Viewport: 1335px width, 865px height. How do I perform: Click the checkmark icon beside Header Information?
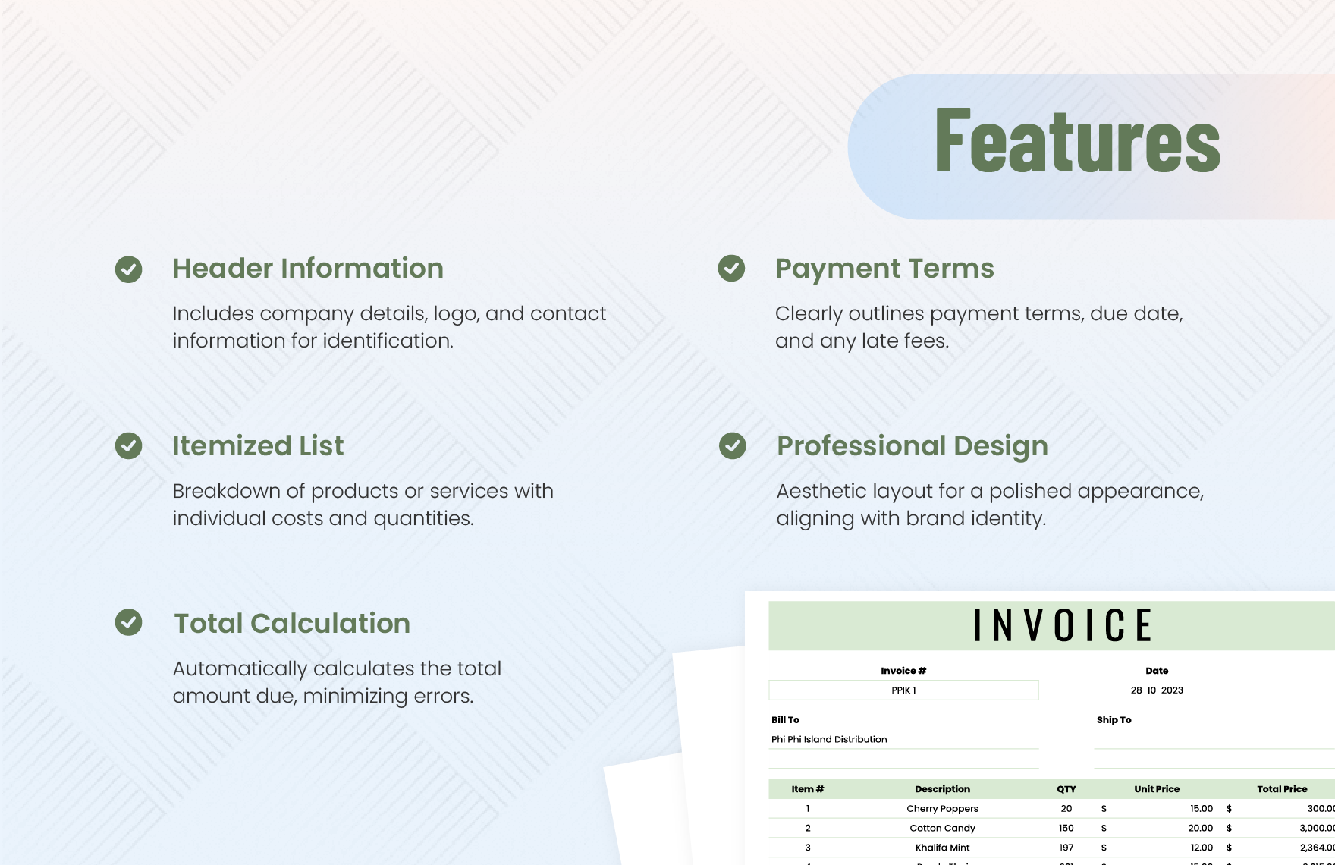[x=128, y=269]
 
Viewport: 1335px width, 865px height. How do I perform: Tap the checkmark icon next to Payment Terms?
[x=731, y=268]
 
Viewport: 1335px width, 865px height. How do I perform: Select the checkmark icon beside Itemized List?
[x=128, y=445]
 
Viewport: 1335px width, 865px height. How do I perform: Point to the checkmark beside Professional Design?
[x=732, y=445]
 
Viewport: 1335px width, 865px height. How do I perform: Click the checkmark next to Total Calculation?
[x=128, y=622]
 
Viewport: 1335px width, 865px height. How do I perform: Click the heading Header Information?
[x=307, y=269]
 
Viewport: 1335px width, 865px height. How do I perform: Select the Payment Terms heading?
[x=884, y=269]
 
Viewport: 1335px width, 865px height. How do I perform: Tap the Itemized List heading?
[x=258, y=446]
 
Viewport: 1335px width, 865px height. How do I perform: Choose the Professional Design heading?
[x=912, y=446]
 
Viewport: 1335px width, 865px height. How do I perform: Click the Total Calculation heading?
[x=292, y=624]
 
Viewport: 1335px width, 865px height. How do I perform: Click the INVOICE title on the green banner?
[x=1062, y=626]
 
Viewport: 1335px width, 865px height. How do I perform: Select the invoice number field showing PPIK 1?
[x=903, y=690]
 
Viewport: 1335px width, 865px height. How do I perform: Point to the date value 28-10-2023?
[x=1157, y=690]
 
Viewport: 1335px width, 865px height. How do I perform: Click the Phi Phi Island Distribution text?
[x=829, y=739]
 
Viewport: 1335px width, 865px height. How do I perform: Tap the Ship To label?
[x=1114, y=720]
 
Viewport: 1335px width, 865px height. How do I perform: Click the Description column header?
[x=942, y=789]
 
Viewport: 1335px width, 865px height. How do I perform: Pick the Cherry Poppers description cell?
[x=942, y=809]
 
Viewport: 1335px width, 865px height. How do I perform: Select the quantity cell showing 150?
[x=1066, y=829]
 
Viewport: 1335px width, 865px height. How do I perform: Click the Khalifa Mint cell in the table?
[x=942, y=848]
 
